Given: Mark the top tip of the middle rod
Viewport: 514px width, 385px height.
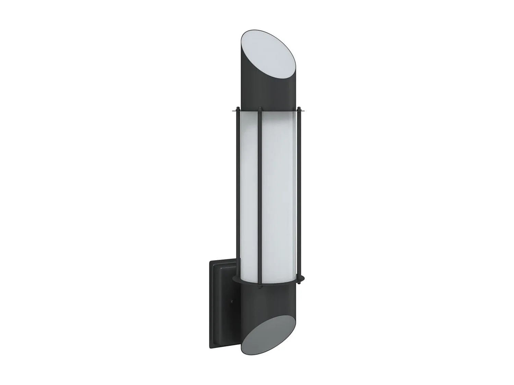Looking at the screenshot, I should [x=260, y=109].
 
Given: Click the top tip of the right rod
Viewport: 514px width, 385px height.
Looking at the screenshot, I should [x=299, y=108].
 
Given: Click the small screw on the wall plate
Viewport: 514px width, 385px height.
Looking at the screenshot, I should [x=232, y=302].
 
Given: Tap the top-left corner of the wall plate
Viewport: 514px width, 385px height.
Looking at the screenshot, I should [x=210, y=261].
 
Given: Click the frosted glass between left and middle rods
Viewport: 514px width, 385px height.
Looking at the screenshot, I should [x=248, y=192].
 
